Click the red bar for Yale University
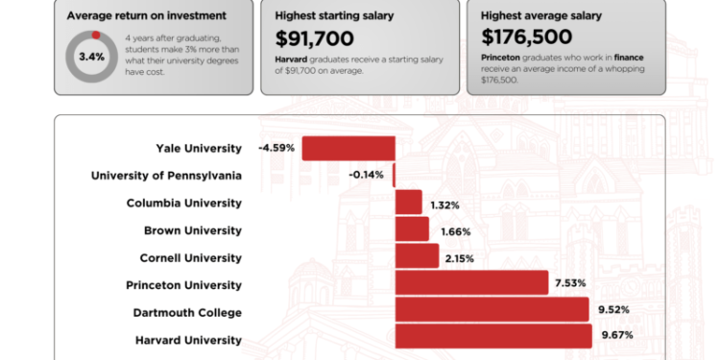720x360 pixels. click(x=348, y=148)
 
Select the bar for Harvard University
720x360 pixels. click(x=493, y=336)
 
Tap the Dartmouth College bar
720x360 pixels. click(x=492, y=310)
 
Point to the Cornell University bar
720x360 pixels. click(x=417, y=256)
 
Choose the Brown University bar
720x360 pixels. click(x=412, y=229)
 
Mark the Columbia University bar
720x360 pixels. click(x=409, y=203)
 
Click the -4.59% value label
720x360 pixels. click(x=276, y=148)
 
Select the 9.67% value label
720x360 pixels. click(x=617, y=336)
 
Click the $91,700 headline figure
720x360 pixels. click(x=315, y=39)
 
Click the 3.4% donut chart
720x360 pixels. click(x=91, y=57)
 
